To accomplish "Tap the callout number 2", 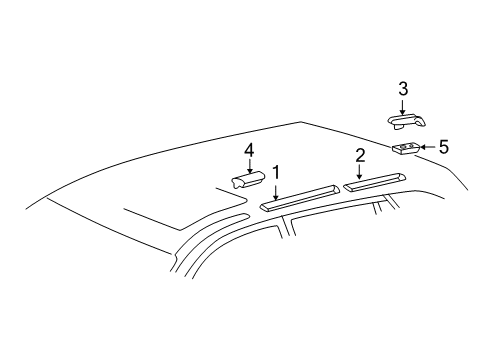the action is (358, 154).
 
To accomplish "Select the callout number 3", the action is (401, 88).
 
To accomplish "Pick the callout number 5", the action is (443, 146).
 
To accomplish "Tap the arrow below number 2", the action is (358, 172).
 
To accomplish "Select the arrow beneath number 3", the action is (401, 107).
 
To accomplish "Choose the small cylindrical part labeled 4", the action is (248, 181).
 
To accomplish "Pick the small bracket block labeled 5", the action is (405, 150).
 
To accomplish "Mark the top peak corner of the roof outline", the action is (301, 121).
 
